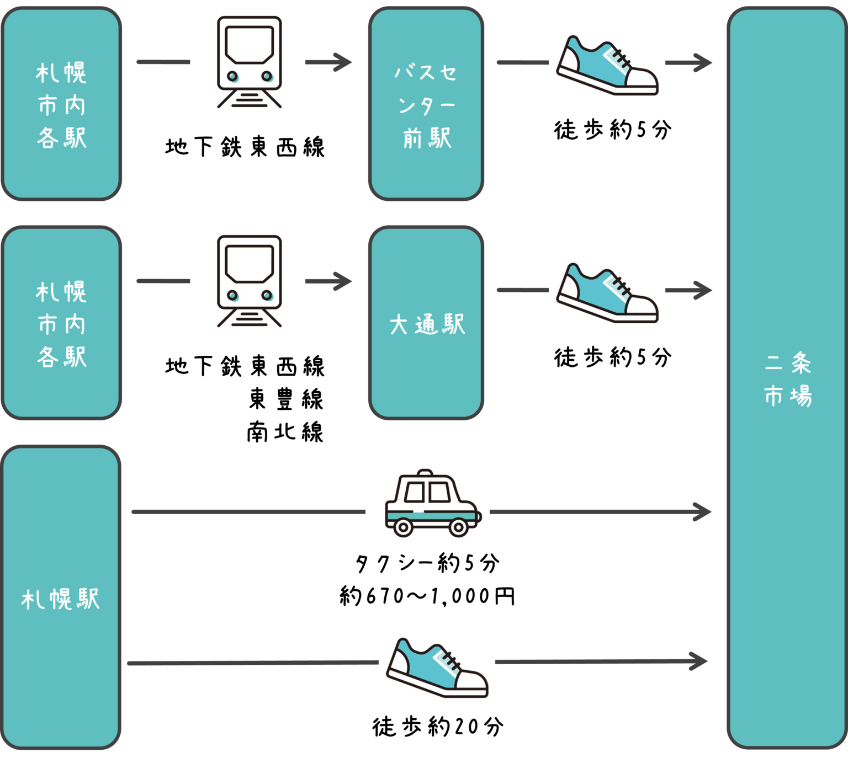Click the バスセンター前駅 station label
tap(426, 105)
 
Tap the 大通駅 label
tap(427, 324)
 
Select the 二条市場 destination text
tap(788, 380)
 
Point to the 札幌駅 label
tap(61, 599)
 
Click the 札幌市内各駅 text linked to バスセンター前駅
tap(61, 105)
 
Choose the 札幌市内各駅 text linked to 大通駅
tap(61, 324)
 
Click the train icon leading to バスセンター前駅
tap(249, 62)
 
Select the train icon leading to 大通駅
tap(249, 281)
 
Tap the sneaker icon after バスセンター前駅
tap(607, 64)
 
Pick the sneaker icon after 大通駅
tap(607, 291)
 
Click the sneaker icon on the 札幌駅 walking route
tap(437, 666)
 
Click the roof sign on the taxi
tap(425, 474)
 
